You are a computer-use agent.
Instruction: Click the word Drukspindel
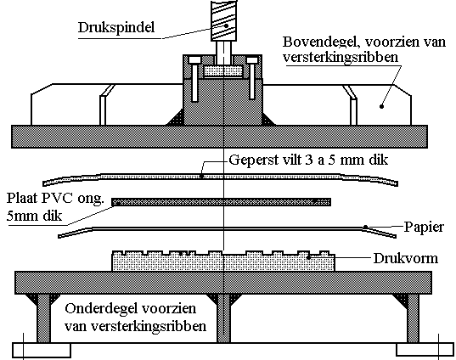(x=116, y=28)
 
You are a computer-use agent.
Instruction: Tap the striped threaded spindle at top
(x=223, y=20)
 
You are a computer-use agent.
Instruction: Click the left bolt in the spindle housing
(x=194, y=79)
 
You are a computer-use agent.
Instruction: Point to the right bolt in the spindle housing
(x=252, y=78)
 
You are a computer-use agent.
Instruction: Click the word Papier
(x=424, y=228)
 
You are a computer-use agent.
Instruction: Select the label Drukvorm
(x=406, y=258)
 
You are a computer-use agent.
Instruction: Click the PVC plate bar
(x=222, y=202)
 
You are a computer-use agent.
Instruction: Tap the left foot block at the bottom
(x=42, y=350)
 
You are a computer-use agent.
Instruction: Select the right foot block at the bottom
(x=425, y=350)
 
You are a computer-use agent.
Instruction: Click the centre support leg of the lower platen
(x=223, y=318)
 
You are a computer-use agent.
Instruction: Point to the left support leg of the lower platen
(x=43, y=318)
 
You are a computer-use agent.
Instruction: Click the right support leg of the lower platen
(x=413, y=318)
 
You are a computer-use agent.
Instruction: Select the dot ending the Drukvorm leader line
(x=309, y=257)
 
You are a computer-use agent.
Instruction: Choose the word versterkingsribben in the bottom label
(x=149, y=327)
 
